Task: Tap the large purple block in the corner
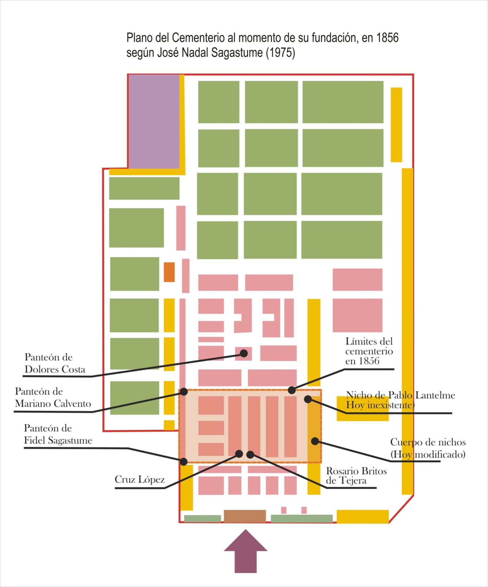(x=154, y=121)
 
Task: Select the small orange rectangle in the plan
(x=169, y=272)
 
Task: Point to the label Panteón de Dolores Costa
(x=55, y=363)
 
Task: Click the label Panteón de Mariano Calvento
(x=53, y=397)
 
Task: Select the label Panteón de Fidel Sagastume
(x=58, y=434)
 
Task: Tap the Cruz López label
(x=140, y=480)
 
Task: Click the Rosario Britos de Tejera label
(x=356, y=476)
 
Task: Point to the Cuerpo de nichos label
(x=428, y=448)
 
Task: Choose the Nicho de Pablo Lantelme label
(x=400, y=400)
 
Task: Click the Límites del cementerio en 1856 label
(x=369, y=351)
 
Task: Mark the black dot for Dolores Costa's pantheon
(x=244, y=353)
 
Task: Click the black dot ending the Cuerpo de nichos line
(x=315, y=441)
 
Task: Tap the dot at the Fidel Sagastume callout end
(x=184, y=462)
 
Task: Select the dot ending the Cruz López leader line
(x=239, y=454)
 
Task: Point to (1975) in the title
(x=281, y=53)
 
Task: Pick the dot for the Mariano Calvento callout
(x=184, y=392)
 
